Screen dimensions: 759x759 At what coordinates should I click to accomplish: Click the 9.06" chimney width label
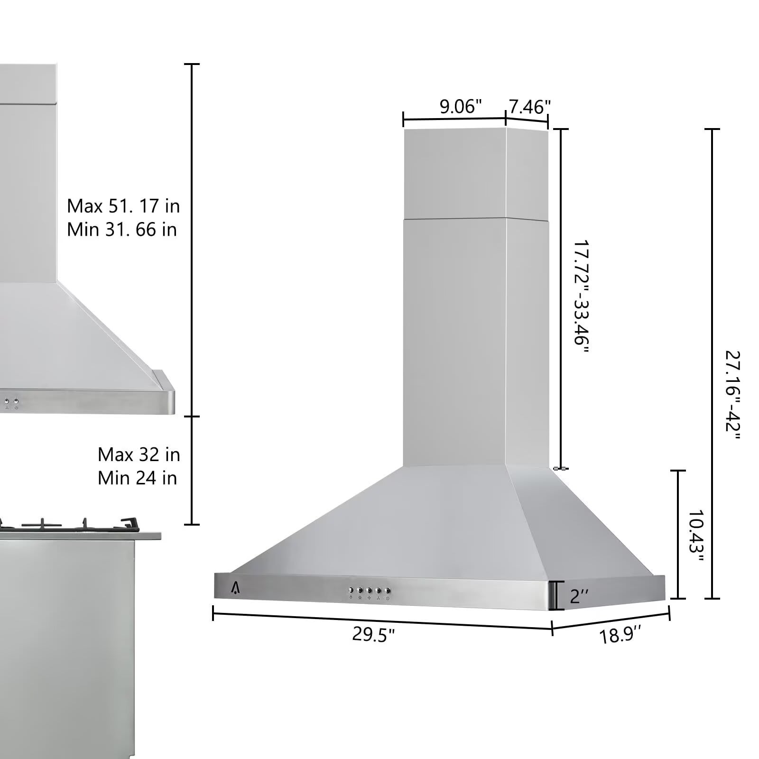(460, 106)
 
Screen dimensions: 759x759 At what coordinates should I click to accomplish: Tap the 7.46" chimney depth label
(529, 107)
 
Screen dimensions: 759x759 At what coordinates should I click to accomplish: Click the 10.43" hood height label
(695, 535)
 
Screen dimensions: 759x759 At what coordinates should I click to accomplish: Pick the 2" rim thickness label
(579, 596)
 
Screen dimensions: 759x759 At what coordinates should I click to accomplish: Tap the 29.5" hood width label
(373, 634)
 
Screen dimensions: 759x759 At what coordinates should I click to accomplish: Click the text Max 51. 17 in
(123, 206)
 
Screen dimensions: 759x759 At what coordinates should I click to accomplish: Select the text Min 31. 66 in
(122, 230)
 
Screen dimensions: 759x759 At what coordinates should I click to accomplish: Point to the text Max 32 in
(139, 454)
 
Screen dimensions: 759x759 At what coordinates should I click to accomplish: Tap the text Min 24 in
(137, 478)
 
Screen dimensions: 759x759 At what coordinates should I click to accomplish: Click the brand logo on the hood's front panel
(236, 588)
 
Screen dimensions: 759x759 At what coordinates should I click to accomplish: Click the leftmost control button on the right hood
(351, 591)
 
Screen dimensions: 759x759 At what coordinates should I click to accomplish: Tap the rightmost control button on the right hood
(388, 591)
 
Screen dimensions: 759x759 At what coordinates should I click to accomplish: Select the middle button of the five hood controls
(369, 591)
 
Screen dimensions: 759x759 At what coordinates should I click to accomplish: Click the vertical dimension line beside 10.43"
(678, 534)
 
